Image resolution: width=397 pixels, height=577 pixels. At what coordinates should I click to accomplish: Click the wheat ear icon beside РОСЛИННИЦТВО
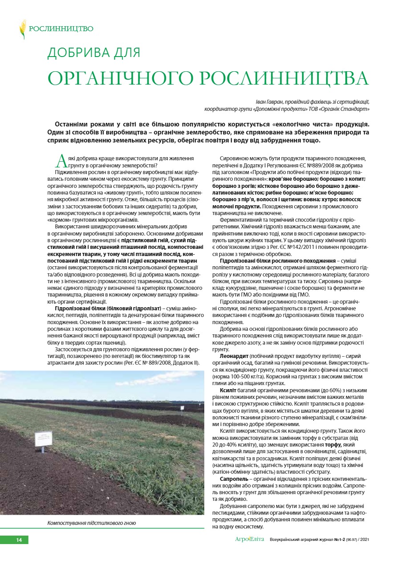pyautogui.click(x=22, y=29)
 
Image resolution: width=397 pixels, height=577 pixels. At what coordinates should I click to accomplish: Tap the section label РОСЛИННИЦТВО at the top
pyautogui.click(x=61, y=29)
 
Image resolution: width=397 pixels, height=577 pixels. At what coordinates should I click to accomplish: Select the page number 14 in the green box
pyautogui.click(x=19, y=540)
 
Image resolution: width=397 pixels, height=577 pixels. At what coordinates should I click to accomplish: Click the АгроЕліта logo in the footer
pyautogui.click(x=249, y=540)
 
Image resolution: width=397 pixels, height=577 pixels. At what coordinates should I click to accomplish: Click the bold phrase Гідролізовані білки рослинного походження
pyautogui.click(x=278, y=260)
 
